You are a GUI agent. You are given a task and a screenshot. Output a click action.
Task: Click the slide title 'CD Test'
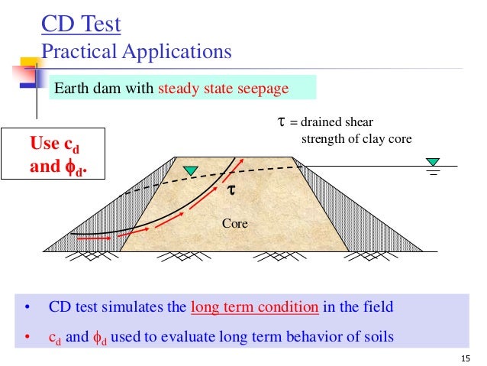pyautogui.click(x=81, y=25)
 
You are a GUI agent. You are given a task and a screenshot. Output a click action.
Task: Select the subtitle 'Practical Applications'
pyautogui.click(x=136, y=52)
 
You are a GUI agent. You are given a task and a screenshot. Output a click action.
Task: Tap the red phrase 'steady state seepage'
pyautogui.click(x=223, y=89)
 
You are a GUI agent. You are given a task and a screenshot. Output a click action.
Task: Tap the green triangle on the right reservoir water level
pyautogui.click(x=434, y=161)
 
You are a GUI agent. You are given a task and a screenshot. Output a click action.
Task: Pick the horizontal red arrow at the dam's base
pyautogui.click(x=95, y=238)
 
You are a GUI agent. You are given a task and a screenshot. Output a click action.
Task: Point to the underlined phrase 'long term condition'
pyautogui.click(x=254, y=308)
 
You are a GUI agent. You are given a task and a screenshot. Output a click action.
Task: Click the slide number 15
pyautogui.click(x=467, y=357)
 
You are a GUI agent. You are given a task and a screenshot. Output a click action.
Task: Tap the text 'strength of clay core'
pyautogui.click(x=354, y=139)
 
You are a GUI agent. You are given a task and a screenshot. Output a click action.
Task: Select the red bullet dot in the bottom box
pyautogui.click(x=27, y=335)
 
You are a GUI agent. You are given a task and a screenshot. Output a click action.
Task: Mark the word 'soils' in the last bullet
pyautogui.click(x=379, y=335)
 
